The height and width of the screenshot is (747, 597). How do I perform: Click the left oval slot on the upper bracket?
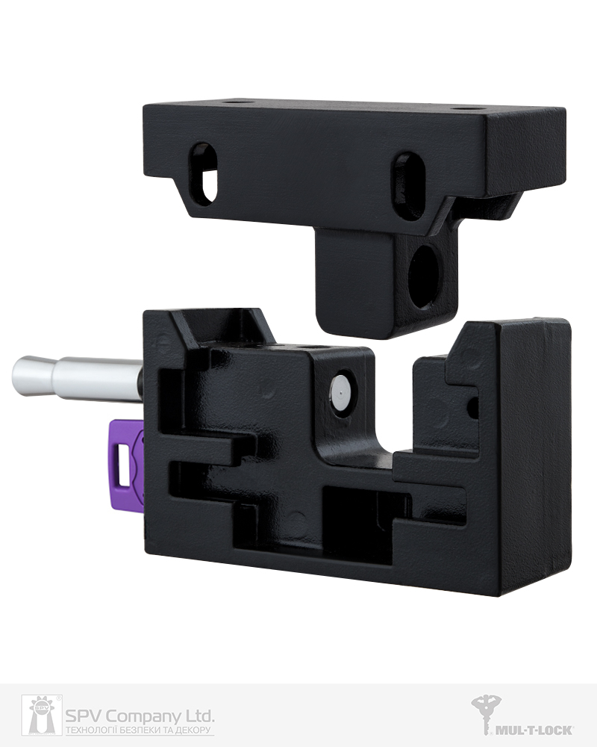pyautogui.click(x=204, y=174)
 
